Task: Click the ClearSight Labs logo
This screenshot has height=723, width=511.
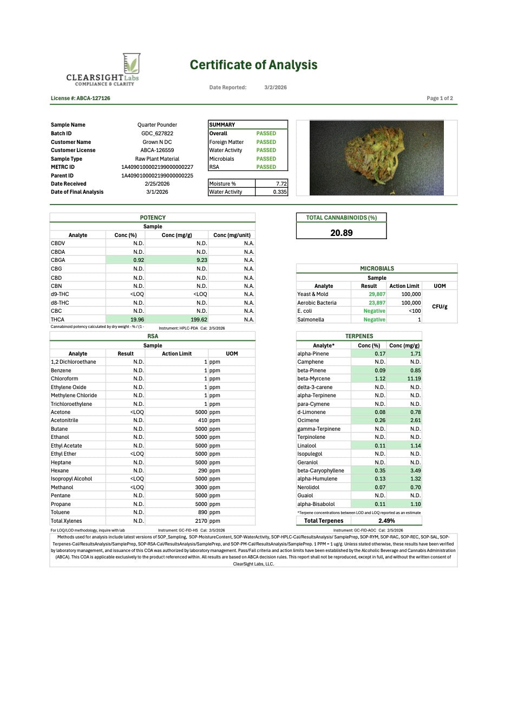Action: coord(103,70)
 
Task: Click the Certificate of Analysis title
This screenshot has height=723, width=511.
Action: coord(253,65)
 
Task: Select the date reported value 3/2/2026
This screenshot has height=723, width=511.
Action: coord(276,88)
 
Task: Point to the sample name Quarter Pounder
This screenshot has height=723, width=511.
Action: coord(157,125)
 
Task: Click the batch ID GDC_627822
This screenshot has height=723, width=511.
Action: coord(157,134)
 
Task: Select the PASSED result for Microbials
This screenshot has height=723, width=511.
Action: coord(266,159)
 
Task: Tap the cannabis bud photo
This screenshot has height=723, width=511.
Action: coord(376,157)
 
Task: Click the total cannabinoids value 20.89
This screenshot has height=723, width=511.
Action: coord(342,233)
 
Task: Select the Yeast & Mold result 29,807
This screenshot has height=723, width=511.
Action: coord(377,294)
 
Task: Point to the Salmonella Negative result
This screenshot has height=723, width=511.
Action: coord(374,320)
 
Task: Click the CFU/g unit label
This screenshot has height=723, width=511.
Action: coord(440,307)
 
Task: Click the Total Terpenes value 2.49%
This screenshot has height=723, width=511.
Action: coord(386,521)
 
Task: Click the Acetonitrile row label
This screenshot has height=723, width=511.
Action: coord(64,420)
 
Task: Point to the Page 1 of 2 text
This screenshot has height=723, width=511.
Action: coord(440,98)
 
